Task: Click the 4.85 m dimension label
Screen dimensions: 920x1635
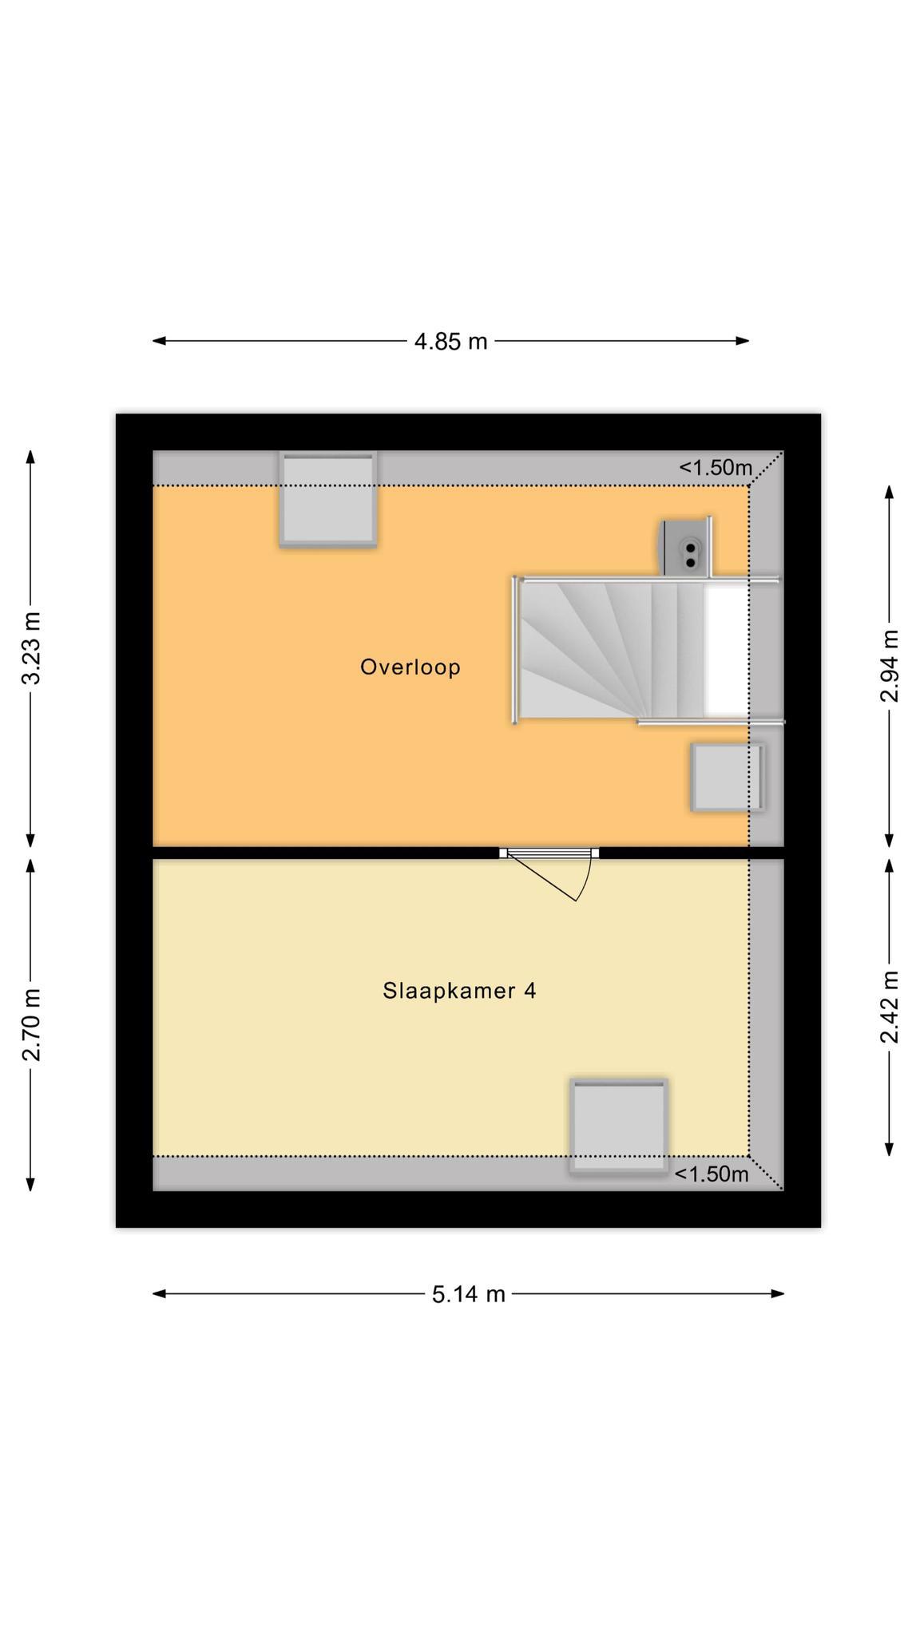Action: pyautogui.click(x=450, y=342)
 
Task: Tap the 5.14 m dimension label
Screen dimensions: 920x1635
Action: pyautogui.click(x=469, y=1294)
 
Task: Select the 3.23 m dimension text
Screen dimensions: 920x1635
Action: pyautogui.click(x=31, y=648)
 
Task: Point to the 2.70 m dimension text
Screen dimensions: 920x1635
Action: pyautogui.click(x=31, y=1025)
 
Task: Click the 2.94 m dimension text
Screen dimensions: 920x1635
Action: pyautogui.click(x=889, y=666)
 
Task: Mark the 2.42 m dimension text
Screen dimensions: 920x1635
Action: pyautogui.click(x=889, y=1007)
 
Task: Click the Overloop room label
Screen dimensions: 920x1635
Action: pyautogui.click(x=410, y=667)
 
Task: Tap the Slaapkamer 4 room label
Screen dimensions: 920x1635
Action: pyautogui.click(x=459, y=991)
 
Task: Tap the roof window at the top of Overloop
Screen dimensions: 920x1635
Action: pyautogui.click(x=328, y=500)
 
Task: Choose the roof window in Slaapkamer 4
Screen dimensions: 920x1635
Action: pyautogui.click(x=619, y=1126)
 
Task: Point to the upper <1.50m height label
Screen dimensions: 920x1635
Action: pyautogui.click(x=716, y=468)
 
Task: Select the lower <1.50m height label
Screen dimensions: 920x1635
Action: pyautogui.click(x=712, y=1174)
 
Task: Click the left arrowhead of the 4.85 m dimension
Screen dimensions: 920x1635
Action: pyautogui.click(x=159, y=341)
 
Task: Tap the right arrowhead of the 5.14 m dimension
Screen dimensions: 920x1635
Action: pyautogui.click(x=778, y=1293)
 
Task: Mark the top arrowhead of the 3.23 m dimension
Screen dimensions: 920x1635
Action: pyautogui.click(x=31, y=457)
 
